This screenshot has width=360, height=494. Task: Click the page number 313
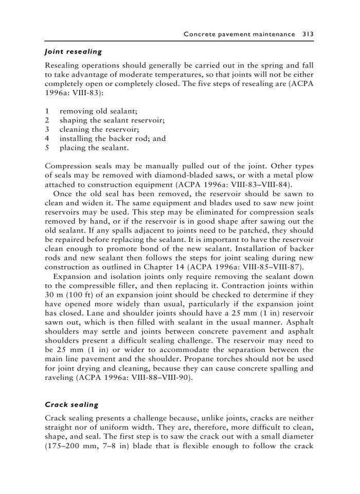click(x=308, y=34)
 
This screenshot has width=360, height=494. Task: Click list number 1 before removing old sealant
click(x=47, y=110)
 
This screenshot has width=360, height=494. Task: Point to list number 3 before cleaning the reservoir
click(x=47, y=129)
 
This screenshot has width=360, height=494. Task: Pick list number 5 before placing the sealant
click(x=47, y=148)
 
